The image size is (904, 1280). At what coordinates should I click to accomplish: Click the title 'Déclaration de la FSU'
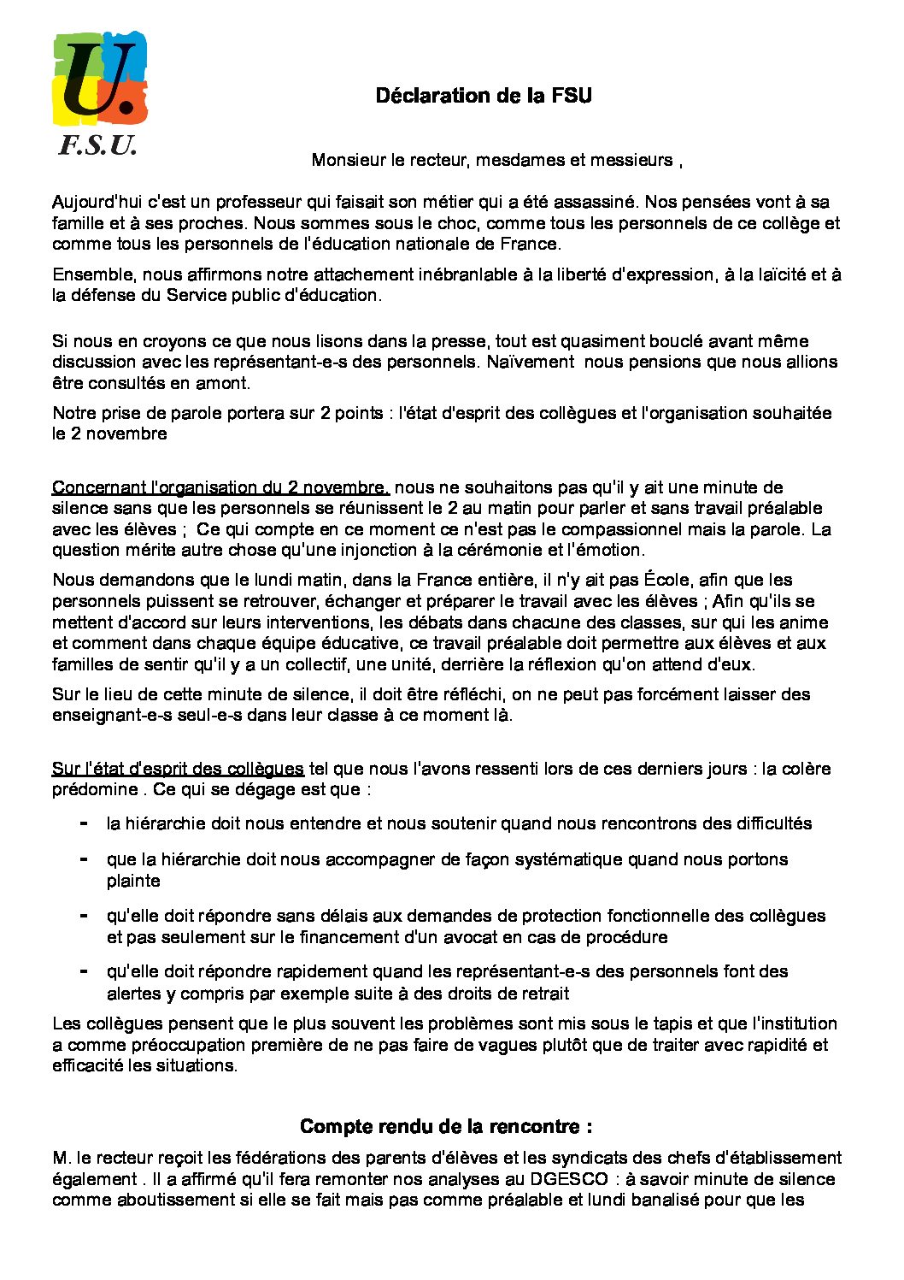coord(484,96)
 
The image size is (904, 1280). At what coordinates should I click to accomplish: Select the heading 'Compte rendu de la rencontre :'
coord(446,1126)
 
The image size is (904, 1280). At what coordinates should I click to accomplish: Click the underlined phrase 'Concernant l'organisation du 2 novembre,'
coord(220,487)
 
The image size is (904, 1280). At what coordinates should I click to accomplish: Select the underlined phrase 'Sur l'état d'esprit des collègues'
coord(178,769)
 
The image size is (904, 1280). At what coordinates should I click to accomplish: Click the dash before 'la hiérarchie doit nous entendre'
coord(84,823)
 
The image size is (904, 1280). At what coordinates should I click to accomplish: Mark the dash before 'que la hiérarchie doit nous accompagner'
coord(84,858)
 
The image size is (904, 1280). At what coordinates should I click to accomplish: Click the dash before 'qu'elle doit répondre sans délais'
coord(84,915)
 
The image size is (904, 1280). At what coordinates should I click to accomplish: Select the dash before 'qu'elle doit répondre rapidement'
coord(84,971)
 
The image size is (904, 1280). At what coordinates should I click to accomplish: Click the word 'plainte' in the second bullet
coord(133,881)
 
